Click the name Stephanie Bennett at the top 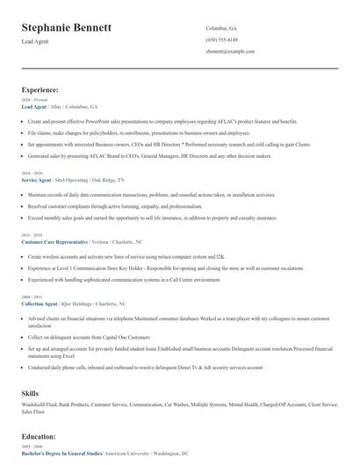pyautogui.click(x=66, y=28)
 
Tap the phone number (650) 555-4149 pyautogui.click(x=222, y=39)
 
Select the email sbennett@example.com pyautogui.click(x=230, y=52)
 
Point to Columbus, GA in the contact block pyautogui.click(x=221, y=28)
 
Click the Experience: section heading pyautogui.click(x=40, y=89)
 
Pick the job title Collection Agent pyautogui.click(x=39, y=303)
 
